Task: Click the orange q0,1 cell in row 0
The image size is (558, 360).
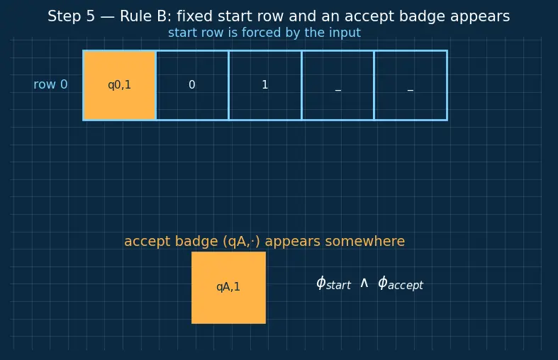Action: (x=119, y=85)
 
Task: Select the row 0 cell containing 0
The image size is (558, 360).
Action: (x=192, y=85)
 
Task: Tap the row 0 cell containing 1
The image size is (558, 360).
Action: (x=265, y=85)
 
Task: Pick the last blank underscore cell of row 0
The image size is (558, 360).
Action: (x=411, y=85)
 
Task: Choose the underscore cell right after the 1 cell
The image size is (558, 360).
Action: (x=338, y=85)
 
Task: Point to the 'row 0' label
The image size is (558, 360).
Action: (x=50, y=84)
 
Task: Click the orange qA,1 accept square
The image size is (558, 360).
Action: (x=228, y=288)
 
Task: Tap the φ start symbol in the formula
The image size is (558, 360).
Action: (x=333, y=283)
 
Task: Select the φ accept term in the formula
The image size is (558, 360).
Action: (x=401, y=283)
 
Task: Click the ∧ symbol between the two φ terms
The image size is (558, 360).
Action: (x=364, y=283)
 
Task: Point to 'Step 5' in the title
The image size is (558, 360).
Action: (x=71, y=16)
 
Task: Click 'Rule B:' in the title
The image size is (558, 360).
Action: (x=145, y=16)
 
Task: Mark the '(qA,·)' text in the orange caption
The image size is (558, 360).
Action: (x=242, y=242)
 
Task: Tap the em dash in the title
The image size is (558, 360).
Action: (x=108, y=17)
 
